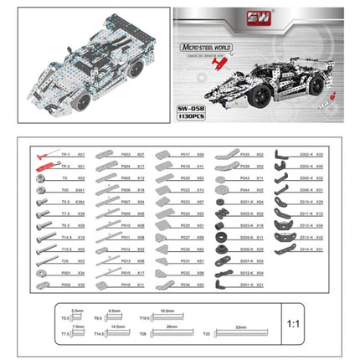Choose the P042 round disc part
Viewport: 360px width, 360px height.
(x=222, y=178)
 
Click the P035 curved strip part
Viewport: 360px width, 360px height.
(x=222, y=155)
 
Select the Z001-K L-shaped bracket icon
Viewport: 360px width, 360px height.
(x=222, y=285)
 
